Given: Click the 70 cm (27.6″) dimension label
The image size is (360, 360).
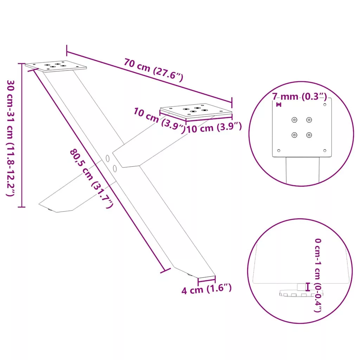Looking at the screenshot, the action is pyautogui.click(x=153, y=70).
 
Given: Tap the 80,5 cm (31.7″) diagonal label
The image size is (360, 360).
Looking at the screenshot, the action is pyautogui.click(x=91, y=178).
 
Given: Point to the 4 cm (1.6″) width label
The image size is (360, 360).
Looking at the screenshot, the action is pyautogui.click(x=206, y=289).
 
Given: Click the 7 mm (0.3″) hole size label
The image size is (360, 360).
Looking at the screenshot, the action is pyautogui.click(x=300, y=96).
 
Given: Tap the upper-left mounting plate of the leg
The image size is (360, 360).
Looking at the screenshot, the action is pyautogui.click(x=56, y=66).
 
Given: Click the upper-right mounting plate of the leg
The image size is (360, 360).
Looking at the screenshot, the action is pyautogui.click(x=196, y=111).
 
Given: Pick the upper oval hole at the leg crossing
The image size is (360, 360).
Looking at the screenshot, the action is pyautogui.click(x=108, y=159).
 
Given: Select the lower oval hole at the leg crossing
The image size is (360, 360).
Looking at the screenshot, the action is pyautogui.click(x=115, y=168).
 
